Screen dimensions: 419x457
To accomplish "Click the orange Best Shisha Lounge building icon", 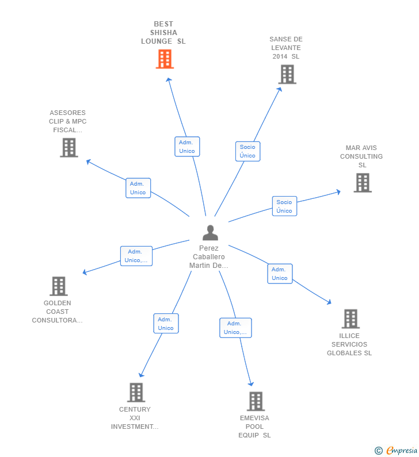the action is (165, 59).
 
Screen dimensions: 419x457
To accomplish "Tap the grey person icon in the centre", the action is (210, 233).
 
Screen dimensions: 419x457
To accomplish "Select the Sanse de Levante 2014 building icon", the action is (287, 74).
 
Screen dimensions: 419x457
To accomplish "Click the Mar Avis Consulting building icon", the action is (363, 183).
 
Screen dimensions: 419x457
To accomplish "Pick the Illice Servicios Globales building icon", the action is (351, 319).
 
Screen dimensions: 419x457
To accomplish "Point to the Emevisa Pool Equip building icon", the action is (256, 401).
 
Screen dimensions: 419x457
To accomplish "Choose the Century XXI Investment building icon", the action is (136, 393).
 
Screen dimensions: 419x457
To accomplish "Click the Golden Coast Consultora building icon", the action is (59, 286).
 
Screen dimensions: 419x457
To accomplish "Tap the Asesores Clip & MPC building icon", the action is (69, 148).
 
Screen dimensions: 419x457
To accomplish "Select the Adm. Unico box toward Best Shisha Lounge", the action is (187, 147).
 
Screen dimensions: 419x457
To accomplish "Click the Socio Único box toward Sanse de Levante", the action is (247, 151).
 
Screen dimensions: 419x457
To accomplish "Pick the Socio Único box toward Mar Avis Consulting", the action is (284, 206).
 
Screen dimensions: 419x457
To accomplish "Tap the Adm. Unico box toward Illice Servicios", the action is (280, 274).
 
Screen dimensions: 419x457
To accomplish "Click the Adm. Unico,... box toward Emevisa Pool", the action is (235, 328).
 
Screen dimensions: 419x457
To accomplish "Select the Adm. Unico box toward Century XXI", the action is (166, 324).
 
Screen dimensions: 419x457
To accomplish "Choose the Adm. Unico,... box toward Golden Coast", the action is (136, 256).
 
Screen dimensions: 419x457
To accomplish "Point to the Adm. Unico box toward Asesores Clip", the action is (138, 188).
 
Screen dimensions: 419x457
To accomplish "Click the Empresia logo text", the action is (402, 450).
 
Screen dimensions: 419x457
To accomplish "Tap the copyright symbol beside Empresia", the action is (379, 451).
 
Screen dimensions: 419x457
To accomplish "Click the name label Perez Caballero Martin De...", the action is (208, 257).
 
